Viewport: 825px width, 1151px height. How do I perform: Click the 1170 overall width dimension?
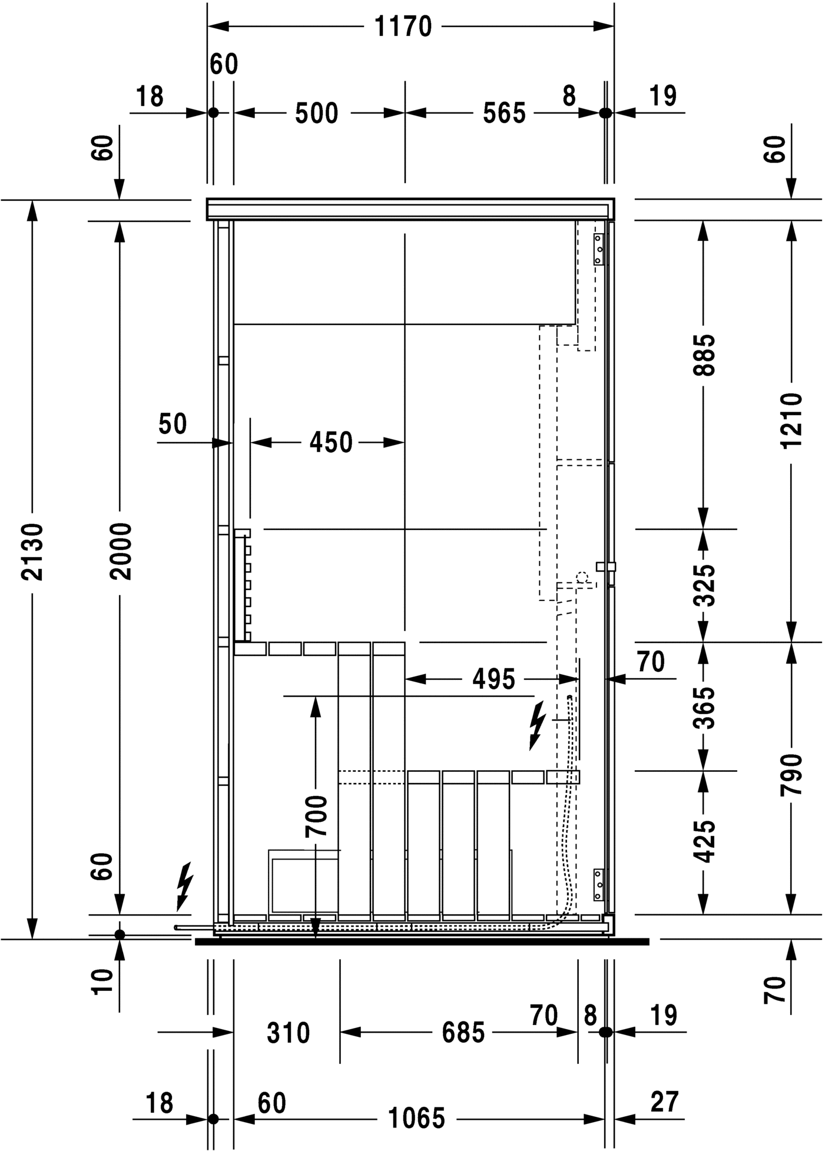point(403,27)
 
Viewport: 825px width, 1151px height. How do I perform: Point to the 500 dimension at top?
point(317,113)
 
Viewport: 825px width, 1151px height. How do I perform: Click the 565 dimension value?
point(504,113)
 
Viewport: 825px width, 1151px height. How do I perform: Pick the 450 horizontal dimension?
point(331,442)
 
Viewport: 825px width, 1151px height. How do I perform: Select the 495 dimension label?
point(493,679)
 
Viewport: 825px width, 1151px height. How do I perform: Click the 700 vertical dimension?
point(316,815)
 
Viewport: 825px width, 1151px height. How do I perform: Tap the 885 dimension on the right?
point(704,354)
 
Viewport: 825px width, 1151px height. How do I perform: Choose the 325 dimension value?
point(704,585)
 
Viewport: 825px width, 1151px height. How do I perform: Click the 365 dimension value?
point(704,707)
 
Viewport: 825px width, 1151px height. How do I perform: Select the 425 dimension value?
point(704,841)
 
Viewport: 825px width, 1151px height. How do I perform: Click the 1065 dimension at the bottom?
point(417,1118)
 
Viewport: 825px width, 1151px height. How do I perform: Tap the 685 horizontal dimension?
point(463,1032)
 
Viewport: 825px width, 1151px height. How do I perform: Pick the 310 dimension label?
point(289,1033)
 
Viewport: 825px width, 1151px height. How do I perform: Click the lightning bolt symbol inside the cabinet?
point(537,725)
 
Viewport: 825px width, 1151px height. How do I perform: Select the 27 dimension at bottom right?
point(664,1102)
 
